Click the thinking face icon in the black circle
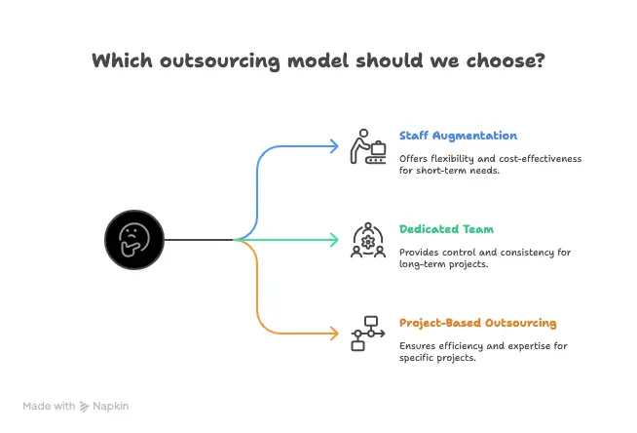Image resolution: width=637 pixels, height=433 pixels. click(x=134, y=240)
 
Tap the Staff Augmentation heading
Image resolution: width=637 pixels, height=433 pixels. click(x=458, y=136)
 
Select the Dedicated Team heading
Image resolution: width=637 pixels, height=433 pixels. click(x=446, y=229)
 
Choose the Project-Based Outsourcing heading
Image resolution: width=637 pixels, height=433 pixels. click(x=477, y=323)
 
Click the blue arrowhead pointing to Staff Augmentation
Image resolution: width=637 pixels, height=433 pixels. click(x=335, y=146)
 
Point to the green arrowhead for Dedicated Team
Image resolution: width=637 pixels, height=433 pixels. click(x=335, y=240)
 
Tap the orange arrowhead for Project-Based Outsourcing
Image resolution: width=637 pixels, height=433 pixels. click(x=335, y=334)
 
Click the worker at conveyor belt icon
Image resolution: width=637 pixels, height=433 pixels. click(x=367, y=147)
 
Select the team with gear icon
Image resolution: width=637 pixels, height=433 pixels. click(x=367, y=240)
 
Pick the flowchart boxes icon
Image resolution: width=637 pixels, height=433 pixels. click(x=367, y=334)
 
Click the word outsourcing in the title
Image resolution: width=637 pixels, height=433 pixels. click(x=220, y=61)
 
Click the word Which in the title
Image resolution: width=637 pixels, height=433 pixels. click(x=123, y=60)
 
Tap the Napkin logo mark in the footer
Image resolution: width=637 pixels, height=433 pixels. click(x=84, y=406)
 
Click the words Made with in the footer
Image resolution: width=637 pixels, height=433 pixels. click(x=49, y=406)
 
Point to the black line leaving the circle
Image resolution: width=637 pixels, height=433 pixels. click(x=199, y=240)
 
